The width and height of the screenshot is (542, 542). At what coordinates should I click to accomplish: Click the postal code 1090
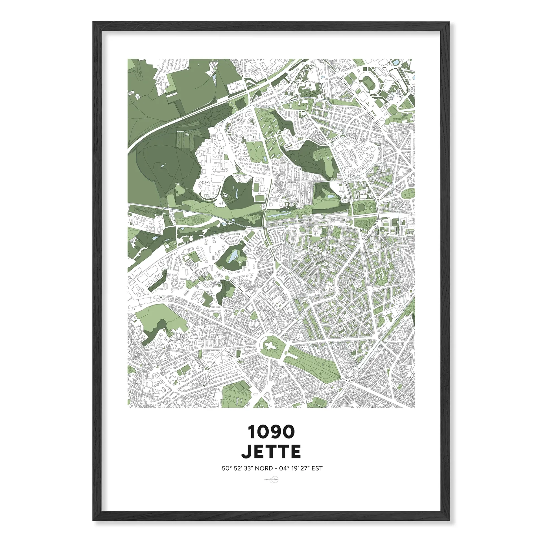click(x=271, y=432)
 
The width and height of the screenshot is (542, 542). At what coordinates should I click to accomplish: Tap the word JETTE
click(x=271, y=452)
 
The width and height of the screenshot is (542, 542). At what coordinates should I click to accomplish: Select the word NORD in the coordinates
click(x=264, y=468)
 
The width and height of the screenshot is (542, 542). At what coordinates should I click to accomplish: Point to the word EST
click(x=317, y=468)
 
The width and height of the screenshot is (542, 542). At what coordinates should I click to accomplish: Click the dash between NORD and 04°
click(x=276, y=469)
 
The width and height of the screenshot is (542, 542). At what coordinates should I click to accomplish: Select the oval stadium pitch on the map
click(x=368, y=82)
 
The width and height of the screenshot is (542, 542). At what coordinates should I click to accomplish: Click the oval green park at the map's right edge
click(x=408, y=193)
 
